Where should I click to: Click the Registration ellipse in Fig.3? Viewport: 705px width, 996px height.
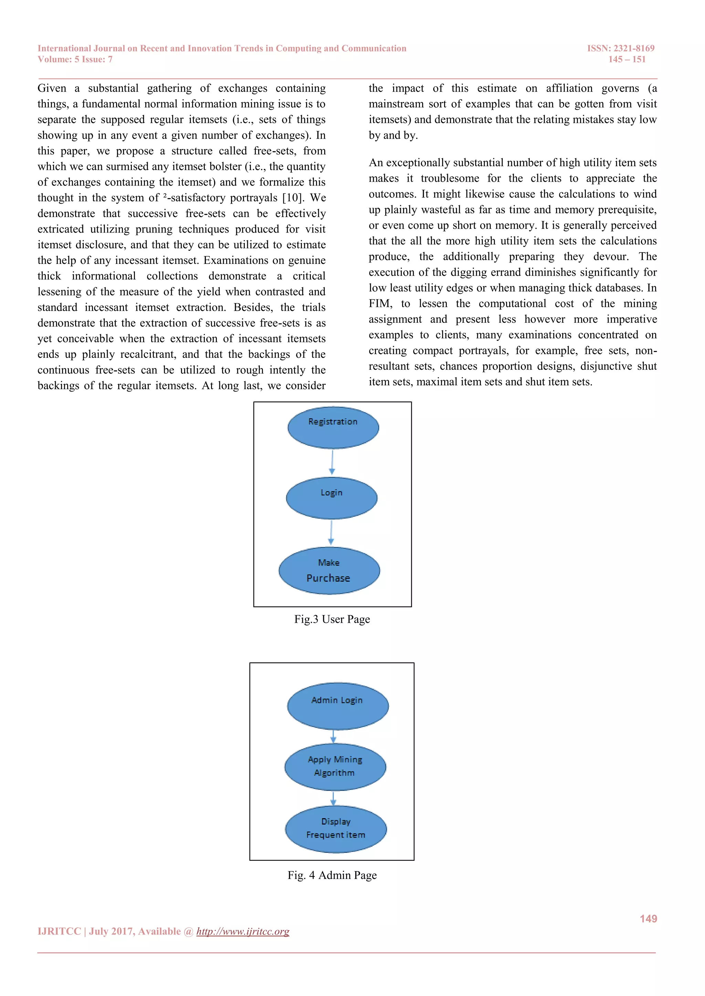(333, 428)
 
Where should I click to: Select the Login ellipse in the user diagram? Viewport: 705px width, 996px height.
(332, 498)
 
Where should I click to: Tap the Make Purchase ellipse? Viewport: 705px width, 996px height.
(329, 570)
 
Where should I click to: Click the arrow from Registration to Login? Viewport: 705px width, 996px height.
(332, 462)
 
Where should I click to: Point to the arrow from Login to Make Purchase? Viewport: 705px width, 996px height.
(331, 533)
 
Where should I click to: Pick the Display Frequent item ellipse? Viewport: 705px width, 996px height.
(336, 829)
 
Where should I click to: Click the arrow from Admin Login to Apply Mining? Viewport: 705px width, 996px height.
(334, 736)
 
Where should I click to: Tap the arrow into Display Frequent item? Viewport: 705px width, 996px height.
(334, 798)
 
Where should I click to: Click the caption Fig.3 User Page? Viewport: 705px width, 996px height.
(332, 619)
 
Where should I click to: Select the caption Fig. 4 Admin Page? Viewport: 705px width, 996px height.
(332, 875)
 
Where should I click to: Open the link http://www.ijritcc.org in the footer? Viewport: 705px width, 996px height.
(243, 931)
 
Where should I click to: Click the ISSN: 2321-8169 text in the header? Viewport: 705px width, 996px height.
(620, 48)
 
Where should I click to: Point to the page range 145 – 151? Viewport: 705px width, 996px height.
(627, 60)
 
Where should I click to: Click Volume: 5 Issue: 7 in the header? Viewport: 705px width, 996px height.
(75, 60)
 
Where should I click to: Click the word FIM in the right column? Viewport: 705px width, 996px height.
(380, 304)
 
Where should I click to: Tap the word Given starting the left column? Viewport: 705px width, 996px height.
(52, 88)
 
